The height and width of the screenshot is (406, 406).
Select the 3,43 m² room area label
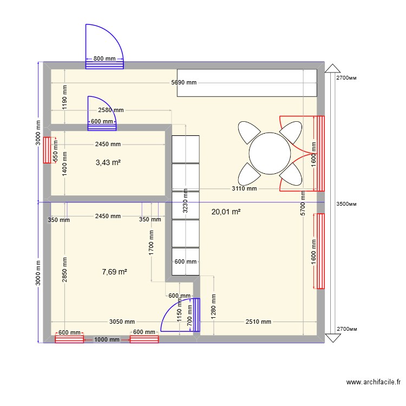click(x=108, y=162)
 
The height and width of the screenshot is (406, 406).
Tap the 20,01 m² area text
click(x=226, y=212)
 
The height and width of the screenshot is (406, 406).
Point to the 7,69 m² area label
click(x=114, y=272)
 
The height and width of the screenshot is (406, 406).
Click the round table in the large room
click(x=269, y=153)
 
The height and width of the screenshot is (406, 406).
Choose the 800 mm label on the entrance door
click(x=104, y=58)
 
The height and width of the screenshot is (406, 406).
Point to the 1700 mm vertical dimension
click(x=152, y=241)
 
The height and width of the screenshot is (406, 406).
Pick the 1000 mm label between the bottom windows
click(x=107, y=339)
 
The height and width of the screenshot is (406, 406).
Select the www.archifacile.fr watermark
click(x=374, y=382)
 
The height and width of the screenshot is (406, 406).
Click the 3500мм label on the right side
click(x=347, y=205)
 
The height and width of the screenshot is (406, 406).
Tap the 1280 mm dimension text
click(x=214, y=306)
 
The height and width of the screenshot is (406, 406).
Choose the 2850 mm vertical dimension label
click(x=64, y=269)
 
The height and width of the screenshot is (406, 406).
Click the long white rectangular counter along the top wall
click(x=247, y=83)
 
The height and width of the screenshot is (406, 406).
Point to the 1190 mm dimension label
click(x=64, y=96)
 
